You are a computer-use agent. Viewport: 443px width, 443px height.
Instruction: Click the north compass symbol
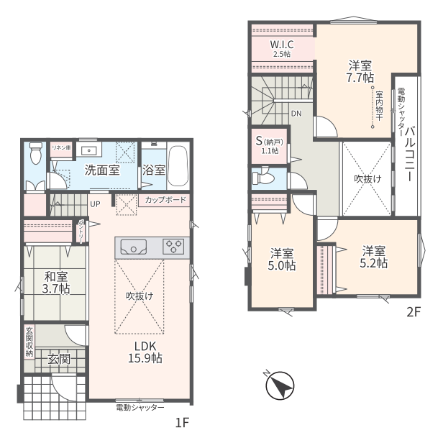[x=280, y=385]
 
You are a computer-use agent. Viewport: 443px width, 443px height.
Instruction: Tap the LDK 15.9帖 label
[x=145, y=352]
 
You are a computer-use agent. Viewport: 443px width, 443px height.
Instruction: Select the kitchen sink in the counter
[x=133, y=247]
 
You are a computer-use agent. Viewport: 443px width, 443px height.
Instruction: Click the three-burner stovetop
[x=173, y=247]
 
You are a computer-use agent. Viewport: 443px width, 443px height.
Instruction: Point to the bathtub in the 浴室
[x=178, y=166]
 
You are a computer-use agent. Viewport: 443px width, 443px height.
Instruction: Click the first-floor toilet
[x=36, y=153]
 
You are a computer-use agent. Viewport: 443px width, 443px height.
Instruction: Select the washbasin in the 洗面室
[x=88, y=150]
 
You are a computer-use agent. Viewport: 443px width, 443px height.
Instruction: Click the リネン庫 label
[x=61, y=147]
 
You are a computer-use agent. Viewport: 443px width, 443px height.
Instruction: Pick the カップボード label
[x=165, y=200]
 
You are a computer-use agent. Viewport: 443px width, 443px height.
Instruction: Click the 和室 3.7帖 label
[x=56, y=282]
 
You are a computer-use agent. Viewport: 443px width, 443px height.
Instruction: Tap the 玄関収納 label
[x=29, y=342]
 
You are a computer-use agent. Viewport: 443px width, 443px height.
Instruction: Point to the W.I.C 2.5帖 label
[x=282, y=48]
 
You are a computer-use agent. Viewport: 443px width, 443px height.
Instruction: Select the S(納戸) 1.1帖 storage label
[x=270, y=145]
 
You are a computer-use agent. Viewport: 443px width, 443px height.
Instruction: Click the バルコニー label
[x=410, y=154]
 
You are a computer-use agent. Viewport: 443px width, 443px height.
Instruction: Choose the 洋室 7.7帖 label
[x=360, y=71]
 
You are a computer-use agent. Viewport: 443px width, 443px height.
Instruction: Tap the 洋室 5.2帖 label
[x=373, y=257]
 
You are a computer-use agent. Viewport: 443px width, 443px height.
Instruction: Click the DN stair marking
[x=296, y=114]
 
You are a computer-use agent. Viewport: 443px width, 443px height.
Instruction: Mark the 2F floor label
[x=414, y=312]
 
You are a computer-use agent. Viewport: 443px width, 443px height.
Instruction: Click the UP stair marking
[x=95, y=204]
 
